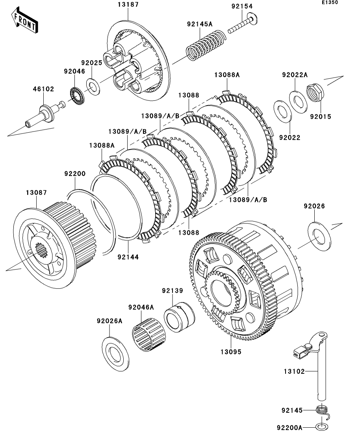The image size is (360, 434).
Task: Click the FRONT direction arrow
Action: click(x=25, y=22)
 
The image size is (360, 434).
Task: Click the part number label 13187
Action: click(x=128, y=5)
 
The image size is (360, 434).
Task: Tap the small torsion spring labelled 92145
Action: click(x=322, y=410)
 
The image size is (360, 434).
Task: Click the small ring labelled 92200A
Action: click(x=321, y=427)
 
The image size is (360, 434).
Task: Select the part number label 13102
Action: click(x=295, y=371)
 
